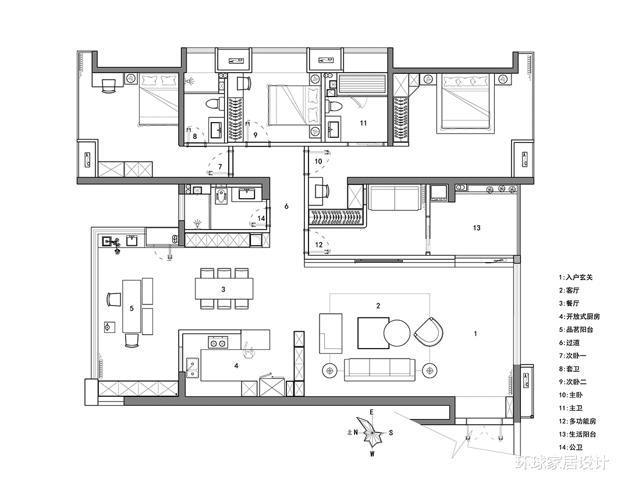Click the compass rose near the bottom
pyautogui.click(x=371, y=433)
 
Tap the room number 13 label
pyautogui.click(x=477, y=228)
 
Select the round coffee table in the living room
pyautogui.click(x=397, y=334)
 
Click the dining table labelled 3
pyautogui.click(x=224, y=289)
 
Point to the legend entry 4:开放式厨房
pyautogui.click(x=579, y=316)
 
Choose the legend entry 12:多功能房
pyautogui.click(x=577, y=421)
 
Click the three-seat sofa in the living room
pyautogui.click(x=380, y=370)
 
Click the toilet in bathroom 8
pyautogui.click(x=213, y=105)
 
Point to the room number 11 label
pyautogui.click(x=363, y=123)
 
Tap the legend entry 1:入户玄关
pyautogui.click(x=576, y=277)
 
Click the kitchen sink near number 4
pyautogui.click(x=192, y=368)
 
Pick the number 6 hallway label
pyautogui.click(x=286, y=206)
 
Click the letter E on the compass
pyautogui.click(x=371, y=412)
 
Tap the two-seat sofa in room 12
pyautogui.click(x=394, y=198)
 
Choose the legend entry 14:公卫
pyautogui.click(x=571, y=447)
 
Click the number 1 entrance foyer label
pyautogui.click(x=476, y=334)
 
